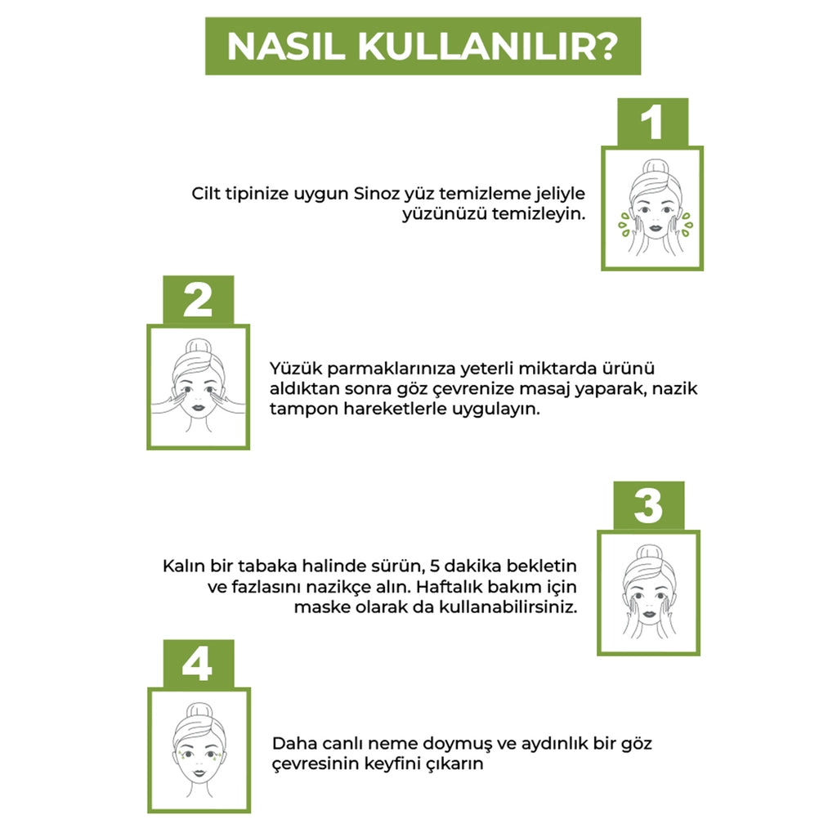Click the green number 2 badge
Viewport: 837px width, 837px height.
point(198,300)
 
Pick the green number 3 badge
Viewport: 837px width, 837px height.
point(648,505)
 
